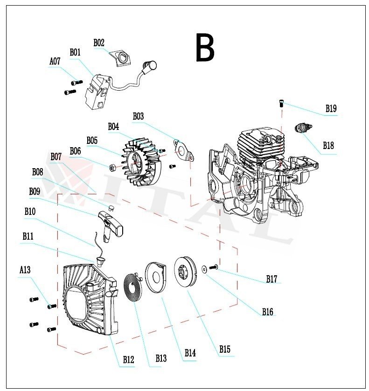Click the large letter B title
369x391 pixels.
[x=205, y=48]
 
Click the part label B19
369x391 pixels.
[x=331, y=109]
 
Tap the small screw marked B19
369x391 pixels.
[x=281, y=103]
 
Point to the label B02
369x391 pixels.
[x=98, y=43]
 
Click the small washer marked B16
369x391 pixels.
[x=205, y=269]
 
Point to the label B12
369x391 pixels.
[x=128, y=360]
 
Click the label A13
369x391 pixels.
[x=25, y=270]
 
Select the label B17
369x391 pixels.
[x=272, y=279]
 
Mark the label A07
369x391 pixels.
[x=55, y=61]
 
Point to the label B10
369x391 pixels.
[x=30, y=211]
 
